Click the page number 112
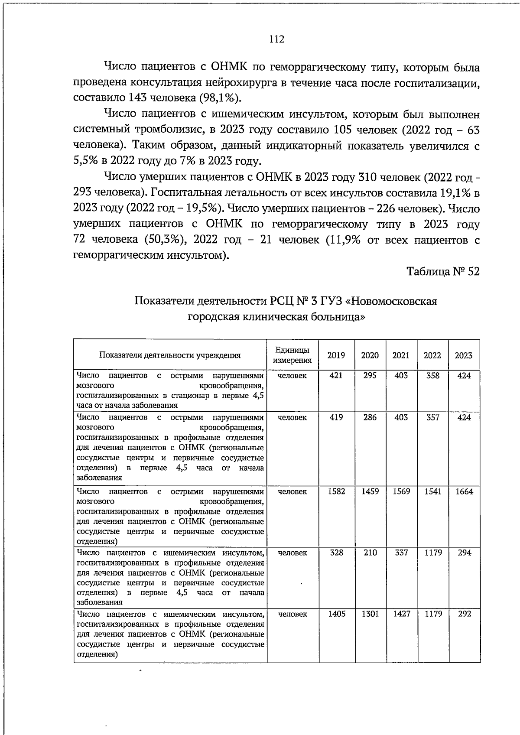[x=276, y=39]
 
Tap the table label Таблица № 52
[x=443, y=272]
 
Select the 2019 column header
[x=336, y=355]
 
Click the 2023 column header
[x=464, y=355]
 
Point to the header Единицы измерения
[x=292, y=355]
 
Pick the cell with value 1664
[x=464, y=491]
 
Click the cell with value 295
[x=370, y=376]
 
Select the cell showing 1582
[x=336, y=491]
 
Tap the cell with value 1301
[x=370, y=614]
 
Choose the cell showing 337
[x=401, y=553]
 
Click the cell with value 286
[x=370, y=417]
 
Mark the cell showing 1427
[x=401, y=614]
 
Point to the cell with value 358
[x=432, y=376]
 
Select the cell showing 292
[x=464, y=614]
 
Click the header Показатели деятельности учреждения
[x=170, y=355]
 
